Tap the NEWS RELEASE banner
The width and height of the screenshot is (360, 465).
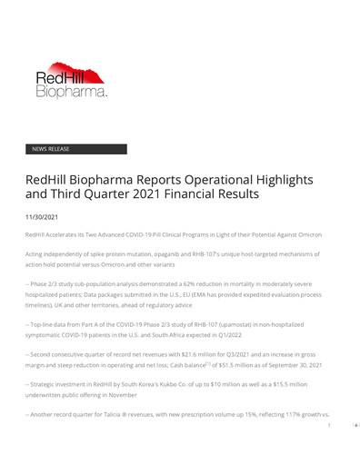(x=75, y=149)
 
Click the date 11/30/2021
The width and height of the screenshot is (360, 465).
(x=42, y=217)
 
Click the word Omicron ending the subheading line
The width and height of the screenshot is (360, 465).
(x=306, y=235)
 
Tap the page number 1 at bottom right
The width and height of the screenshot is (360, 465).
(x=327, y=424)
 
